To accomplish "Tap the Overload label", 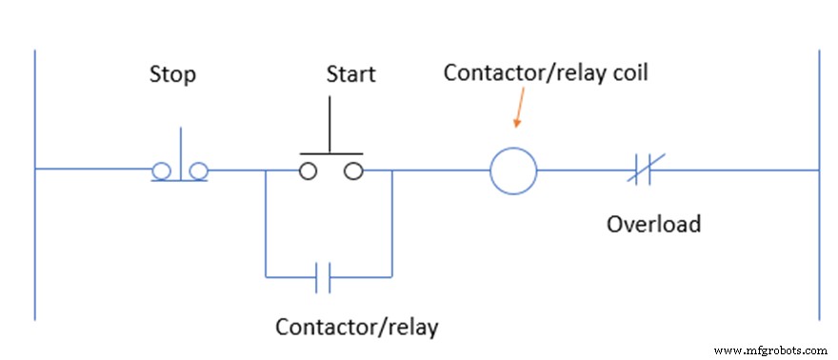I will (x=653, y=224).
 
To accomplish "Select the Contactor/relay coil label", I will (x=546, y=72).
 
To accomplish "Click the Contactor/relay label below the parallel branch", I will (x=356, y=327).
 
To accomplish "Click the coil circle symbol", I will (x=513, y=171).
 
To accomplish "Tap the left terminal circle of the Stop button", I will (x=161, y=171).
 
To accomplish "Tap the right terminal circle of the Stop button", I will (x=198, y=171).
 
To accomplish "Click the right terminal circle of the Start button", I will (x=353, y=171).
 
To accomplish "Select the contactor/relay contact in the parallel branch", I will (x=324, y=278).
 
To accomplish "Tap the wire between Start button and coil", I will (x=438, y=171).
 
